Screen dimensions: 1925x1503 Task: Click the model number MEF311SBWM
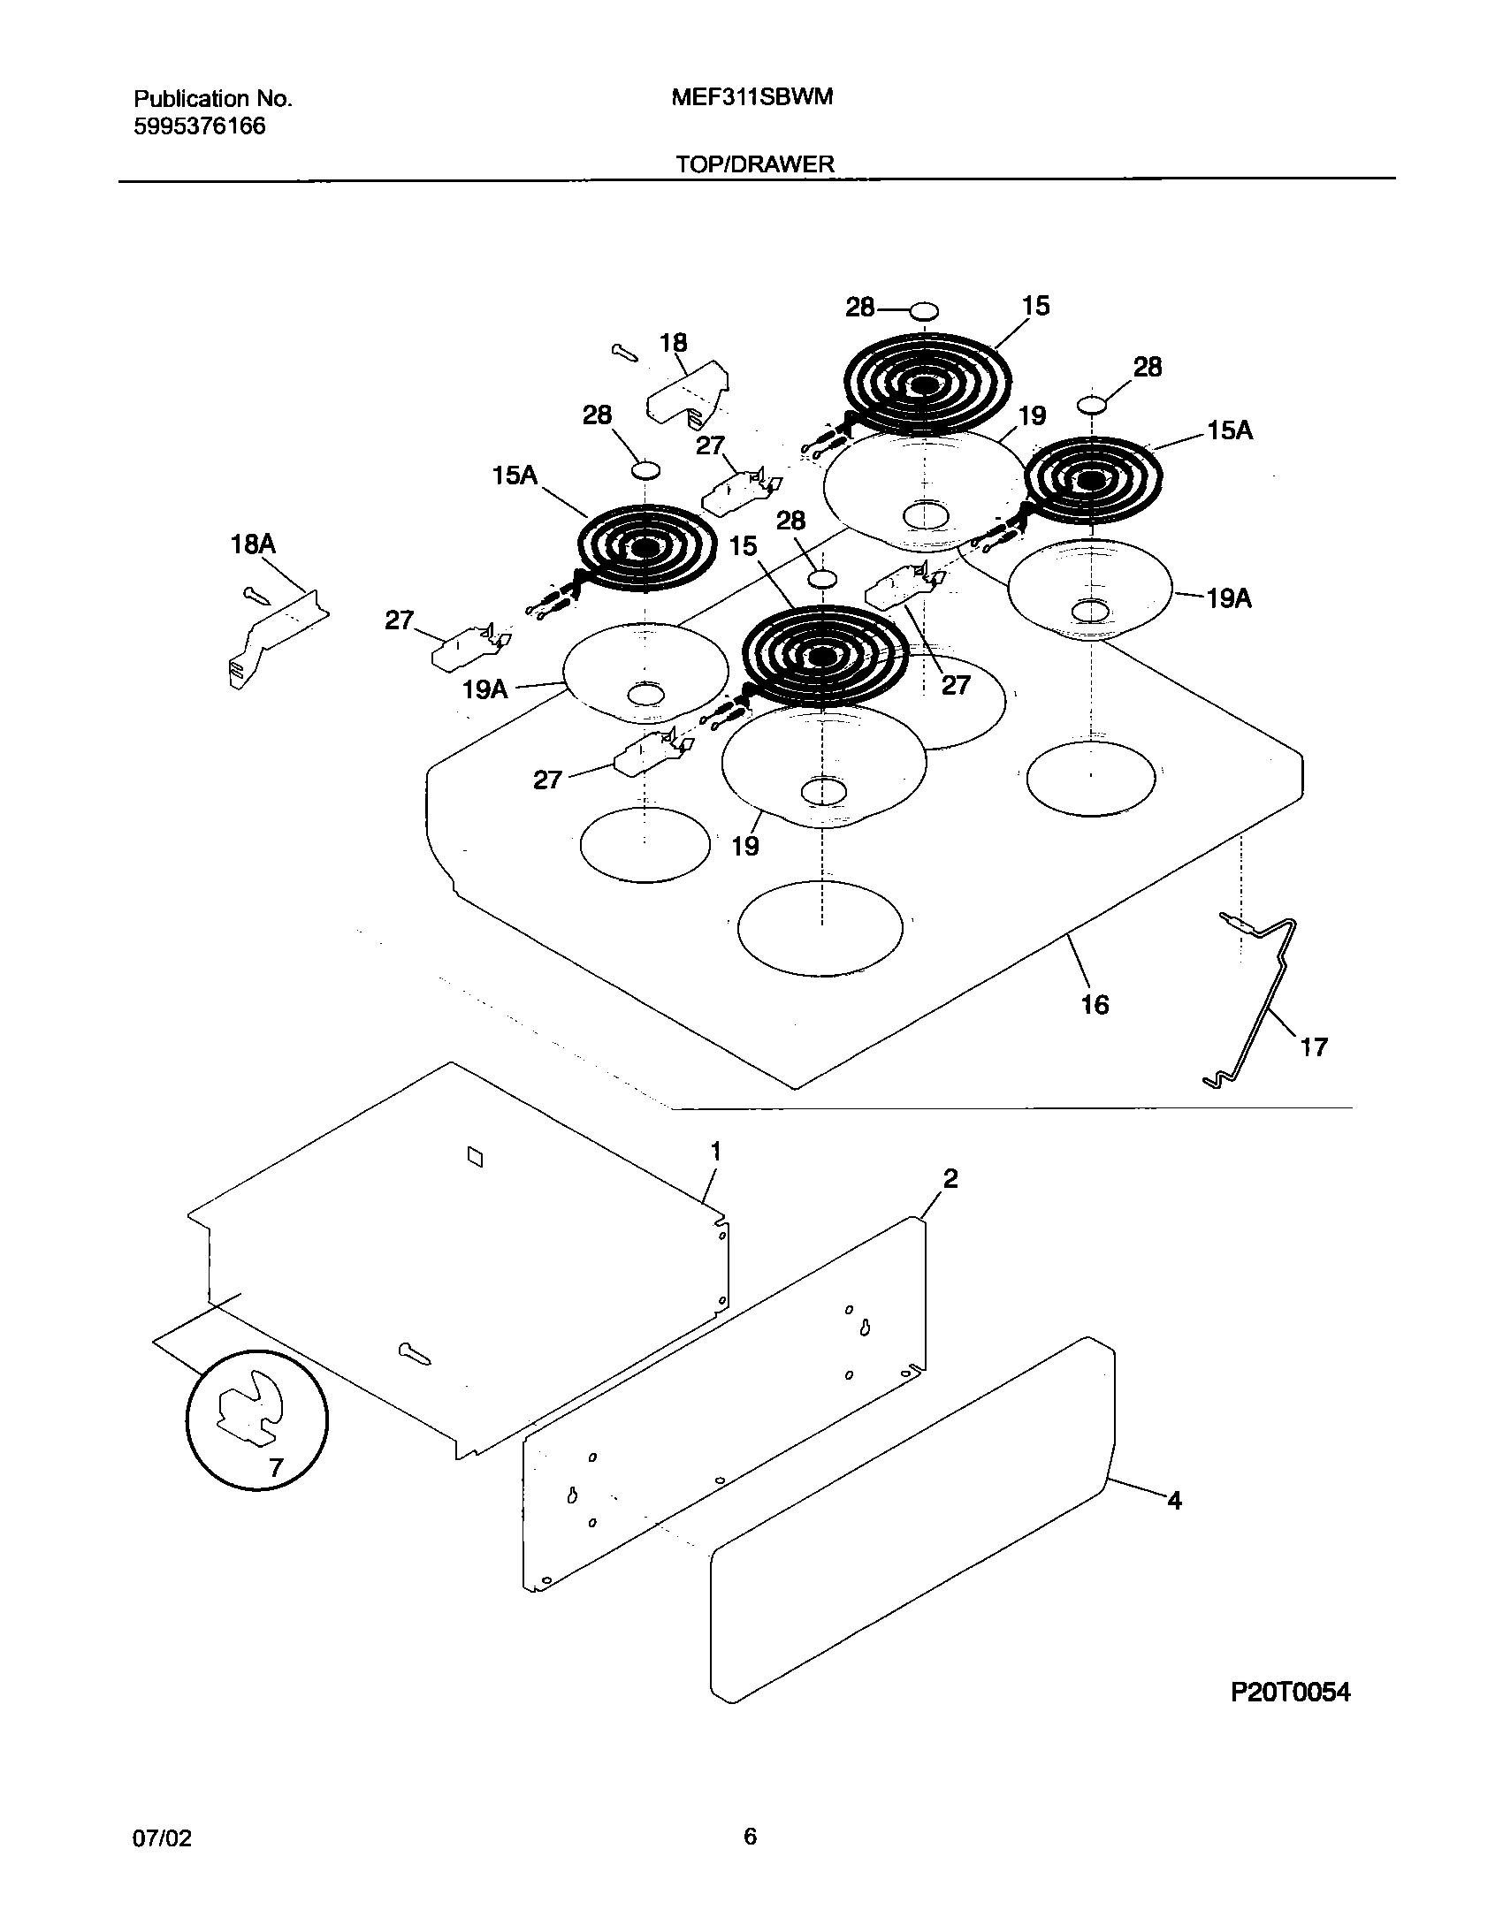[752, 97]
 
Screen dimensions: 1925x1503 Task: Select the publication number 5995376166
[199, 126]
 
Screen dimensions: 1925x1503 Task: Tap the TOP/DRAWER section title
[755, 164]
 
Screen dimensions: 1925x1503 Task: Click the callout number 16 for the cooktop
[1095, 1004]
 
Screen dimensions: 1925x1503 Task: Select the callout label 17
[1314, 1047]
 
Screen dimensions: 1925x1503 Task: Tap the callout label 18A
[253, 544]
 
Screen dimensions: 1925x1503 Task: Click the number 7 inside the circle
[275, 1468]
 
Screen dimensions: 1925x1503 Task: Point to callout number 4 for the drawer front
[1174, 1500]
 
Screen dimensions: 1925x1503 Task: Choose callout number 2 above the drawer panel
[950, 1178]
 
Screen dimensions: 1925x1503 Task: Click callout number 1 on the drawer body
[716, 1152]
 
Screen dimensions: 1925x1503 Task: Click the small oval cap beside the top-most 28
[924, 311]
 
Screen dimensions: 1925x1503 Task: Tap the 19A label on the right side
[1230, 598]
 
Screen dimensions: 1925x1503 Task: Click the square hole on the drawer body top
[475, 1156]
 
